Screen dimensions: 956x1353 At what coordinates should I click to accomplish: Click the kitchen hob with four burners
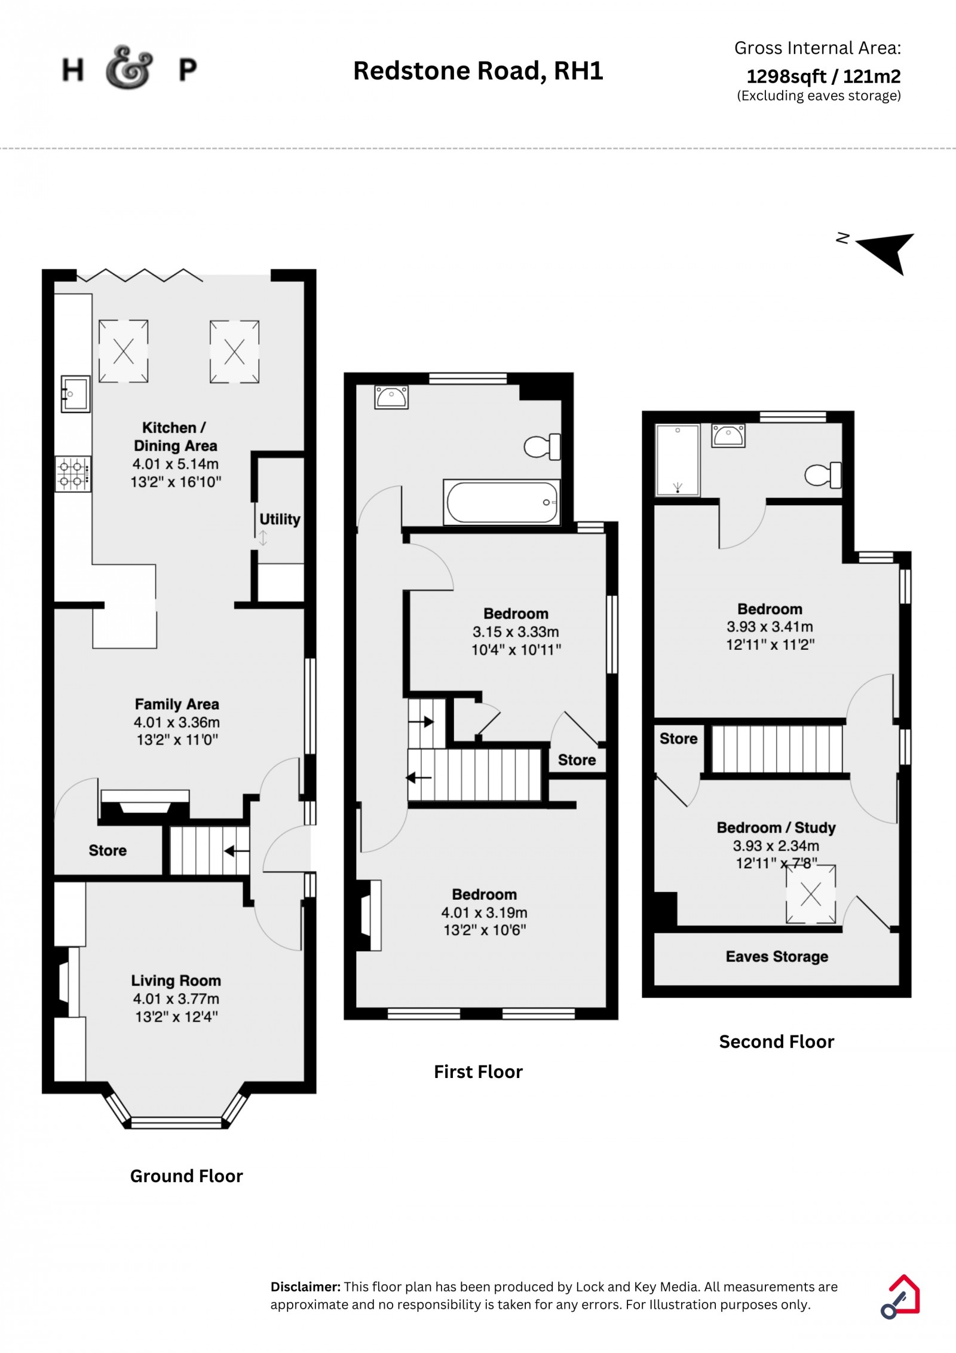click(x=73, y=474)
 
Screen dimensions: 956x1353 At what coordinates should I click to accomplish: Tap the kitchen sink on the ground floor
click(x=75, y=394)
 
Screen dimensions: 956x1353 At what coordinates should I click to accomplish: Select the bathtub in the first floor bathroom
click(x=502, y=502)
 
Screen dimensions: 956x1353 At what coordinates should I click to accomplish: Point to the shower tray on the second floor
click(x=677, y=460)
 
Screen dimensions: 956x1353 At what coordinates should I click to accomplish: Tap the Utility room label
click(x=280, y=519)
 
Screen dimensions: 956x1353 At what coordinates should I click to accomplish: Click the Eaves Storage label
click(x=777, y=957)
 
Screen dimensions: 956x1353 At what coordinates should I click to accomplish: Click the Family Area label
click(x=177, y=704)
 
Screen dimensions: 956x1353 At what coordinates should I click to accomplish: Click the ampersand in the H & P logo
click(x=128, y=68)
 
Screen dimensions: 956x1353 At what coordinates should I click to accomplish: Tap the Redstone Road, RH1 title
click(x=478, y=71)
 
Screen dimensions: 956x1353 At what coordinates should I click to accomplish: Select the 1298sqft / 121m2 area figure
click(x=823, y=76)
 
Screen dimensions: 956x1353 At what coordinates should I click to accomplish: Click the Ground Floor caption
click(x=186, y=1176)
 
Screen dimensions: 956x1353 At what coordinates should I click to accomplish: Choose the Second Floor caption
click(x=776, y=1042)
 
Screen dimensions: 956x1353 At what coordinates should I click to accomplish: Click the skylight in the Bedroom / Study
click(x=810, y=894)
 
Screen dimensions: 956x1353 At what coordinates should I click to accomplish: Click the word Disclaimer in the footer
click(x=306, y=1287)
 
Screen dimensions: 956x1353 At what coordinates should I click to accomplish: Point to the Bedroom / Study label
click(x=776, y=827)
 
